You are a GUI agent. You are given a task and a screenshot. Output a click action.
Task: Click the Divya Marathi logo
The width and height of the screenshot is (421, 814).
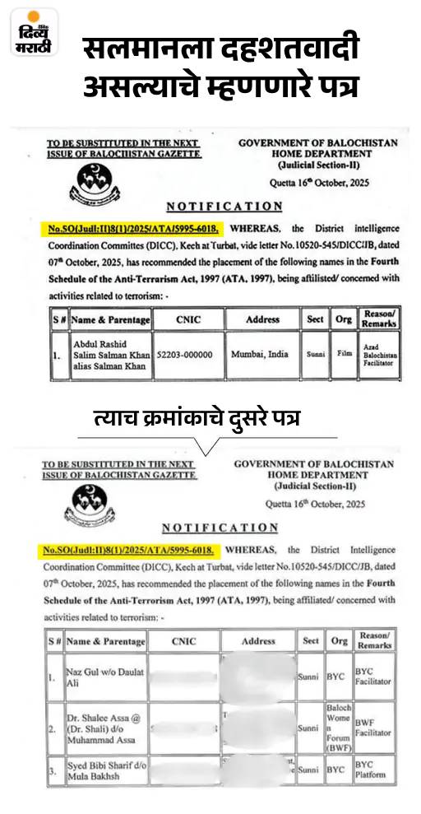click(34, 34)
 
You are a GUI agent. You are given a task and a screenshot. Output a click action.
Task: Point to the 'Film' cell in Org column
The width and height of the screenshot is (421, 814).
click(343, 355)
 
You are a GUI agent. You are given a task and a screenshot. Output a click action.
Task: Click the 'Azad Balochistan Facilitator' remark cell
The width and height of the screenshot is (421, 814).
click(379, 355)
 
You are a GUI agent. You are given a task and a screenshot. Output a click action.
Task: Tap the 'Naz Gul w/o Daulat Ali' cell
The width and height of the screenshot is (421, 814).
click(104, 677)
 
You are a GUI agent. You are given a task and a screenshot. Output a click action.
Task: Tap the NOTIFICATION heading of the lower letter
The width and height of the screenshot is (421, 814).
click(220, 527)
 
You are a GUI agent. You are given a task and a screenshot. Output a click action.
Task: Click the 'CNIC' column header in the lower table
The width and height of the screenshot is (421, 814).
click(184, 640)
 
